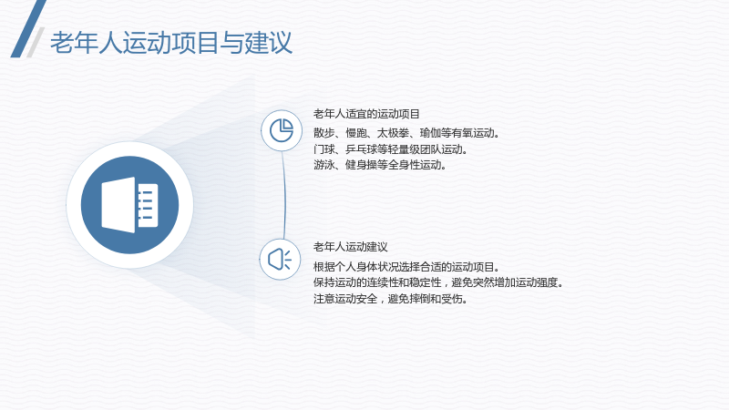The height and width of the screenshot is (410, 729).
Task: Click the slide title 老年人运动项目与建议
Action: (171, 43)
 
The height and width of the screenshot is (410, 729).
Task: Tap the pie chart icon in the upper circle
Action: (282, 130)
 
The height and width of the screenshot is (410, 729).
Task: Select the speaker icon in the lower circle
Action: (280, 260)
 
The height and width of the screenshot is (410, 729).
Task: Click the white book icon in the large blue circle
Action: (129, 204)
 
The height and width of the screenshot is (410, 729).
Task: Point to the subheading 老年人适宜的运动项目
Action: (366, 114)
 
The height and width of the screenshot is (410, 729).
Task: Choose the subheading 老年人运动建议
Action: (350, 247)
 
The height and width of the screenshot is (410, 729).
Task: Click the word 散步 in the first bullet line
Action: (324, 133)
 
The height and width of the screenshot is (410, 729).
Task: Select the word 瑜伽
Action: (430, 133)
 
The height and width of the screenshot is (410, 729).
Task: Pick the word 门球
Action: (324, 149)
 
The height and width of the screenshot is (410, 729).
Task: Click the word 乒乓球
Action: (361, 149)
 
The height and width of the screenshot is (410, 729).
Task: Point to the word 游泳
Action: (324, 165)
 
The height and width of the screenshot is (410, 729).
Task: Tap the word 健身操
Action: (361, 165)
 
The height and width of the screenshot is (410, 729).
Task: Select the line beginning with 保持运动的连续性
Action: (438, 282)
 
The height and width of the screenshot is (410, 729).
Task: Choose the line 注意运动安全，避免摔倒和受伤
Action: (391, 299)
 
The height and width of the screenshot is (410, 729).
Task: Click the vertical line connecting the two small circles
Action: (283, 195)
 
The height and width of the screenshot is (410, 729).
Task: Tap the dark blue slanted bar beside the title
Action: (28, 29)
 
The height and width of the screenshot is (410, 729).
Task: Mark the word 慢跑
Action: (356, 133)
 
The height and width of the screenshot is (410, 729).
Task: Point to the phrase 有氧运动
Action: (473, 133)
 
